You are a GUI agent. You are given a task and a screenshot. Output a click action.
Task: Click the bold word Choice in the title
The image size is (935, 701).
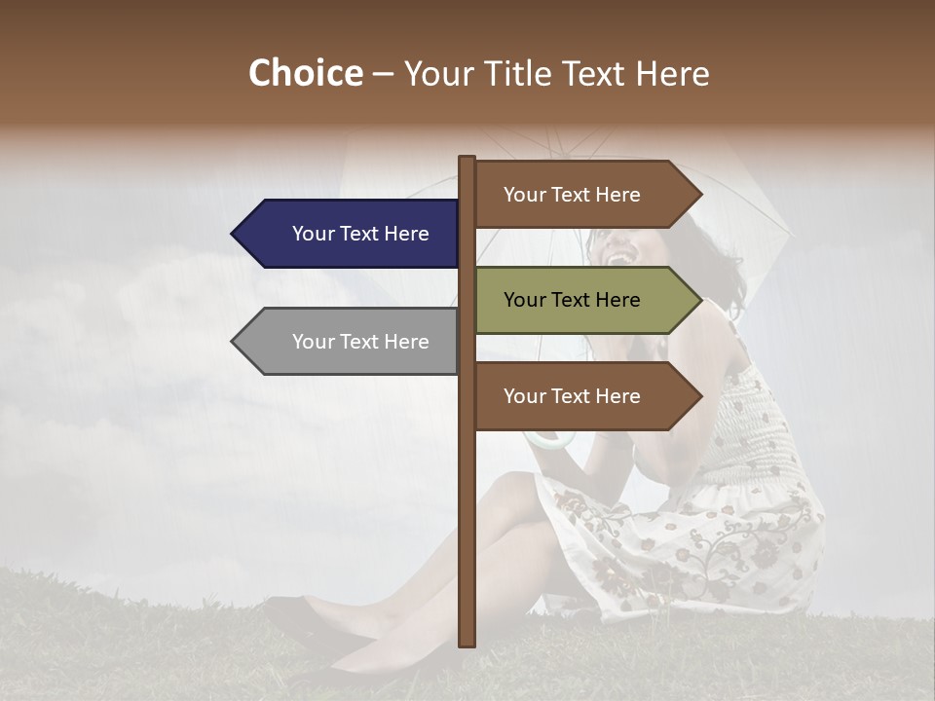[305, 73]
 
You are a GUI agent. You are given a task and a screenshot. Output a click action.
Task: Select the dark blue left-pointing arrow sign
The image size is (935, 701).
[351, 234]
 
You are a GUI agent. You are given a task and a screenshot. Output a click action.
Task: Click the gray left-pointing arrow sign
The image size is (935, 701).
[351, 342]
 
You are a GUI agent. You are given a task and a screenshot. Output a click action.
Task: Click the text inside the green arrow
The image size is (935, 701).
[572, 300]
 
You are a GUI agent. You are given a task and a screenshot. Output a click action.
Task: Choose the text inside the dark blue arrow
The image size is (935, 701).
[360, 234]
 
